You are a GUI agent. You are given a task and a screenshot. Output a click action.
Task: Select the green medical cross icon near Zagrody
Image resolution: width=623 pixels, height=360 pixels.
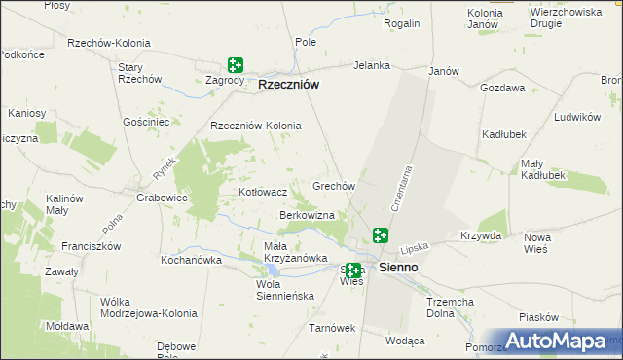click(x=235, y=65)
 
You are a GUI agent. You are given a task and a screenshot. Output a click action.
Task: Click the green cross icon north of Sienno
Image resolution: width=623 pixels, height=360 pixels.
click(x=381, y=234)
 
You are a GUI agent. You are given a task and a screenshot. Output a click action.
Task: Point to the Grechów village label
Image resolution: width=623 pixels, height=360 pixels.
click(x=332, y=185)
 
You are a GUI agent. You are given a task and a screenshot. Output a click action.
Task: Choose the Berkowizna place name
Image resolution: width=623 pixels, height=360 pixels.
click(x=307, y=214)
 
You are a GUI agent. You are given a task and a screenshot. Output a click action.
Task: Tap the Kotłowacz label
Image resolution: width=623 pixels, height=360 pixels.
click(x=263, y=193)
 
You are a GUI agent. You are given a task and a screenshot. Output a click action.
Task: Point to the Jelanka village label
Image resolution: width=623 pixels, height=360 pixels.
click(x=372, y=66)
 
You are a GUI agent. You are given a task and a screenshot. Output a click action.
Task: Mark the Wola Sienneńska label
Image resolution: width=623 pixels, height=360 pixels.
click(x=281, y=290)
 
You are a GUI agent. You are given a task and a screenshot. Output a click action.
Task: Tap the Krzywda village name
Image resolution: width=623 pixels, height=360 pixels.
click(x=481, y=235)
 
